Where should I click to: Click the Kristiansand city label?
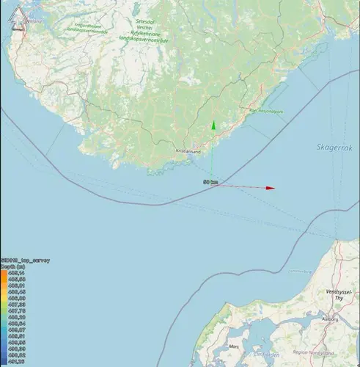188,150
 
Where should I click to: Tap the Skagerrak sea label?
334,147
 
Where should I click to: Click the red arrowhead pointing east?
271,188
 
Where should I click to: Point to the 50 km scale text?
210,181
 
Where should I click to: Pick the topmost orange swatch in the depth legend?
4,273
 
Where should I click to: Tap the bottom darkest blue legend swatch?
4,361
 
